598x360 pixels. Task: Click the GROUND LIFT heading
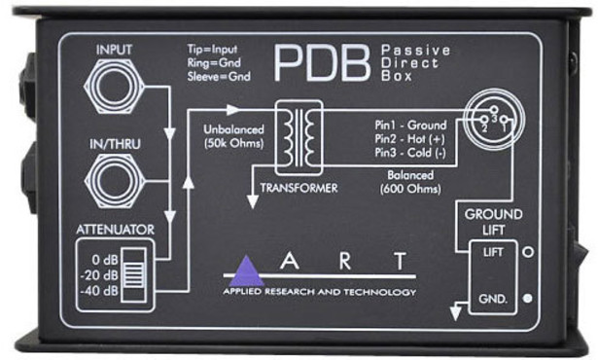(494, 221)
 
